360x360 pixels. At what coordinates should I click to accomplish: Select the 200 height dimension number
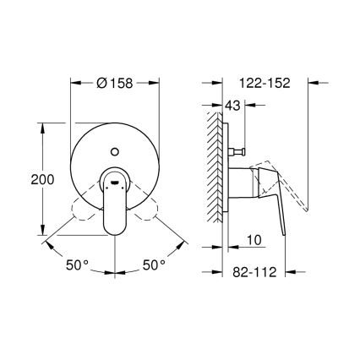click(x=21, y=180)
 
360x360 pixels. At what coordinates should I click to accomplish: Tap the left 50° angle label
click(x=76, y=265)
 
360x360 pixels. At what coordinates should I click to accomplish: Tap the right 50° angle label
click(x=154, y=265)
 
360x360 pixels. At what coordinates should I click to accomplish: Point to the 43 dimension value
click(x=234, y=105)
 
